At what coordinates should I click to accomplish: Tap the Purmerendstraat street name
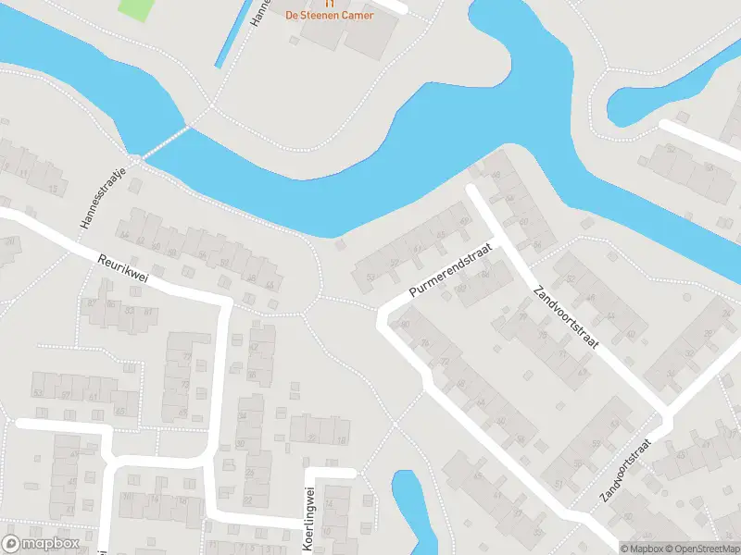click(x=449, y=269)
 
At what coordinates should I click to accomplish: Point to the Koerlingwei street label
click(x=310, y=518)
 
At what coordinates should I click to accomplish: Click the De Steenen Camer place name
click(x=330, y=16)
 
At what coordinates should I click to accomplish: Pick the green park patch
click(x=136, y=7)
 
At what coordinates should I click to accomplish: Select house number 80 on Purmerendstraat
click(x=404, y=324)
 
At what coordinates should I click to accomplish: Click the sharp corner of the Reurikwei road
click(x=225, y=300)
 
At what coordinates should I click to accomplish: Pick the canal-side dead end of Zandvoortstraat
click(x=471, y=190)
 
